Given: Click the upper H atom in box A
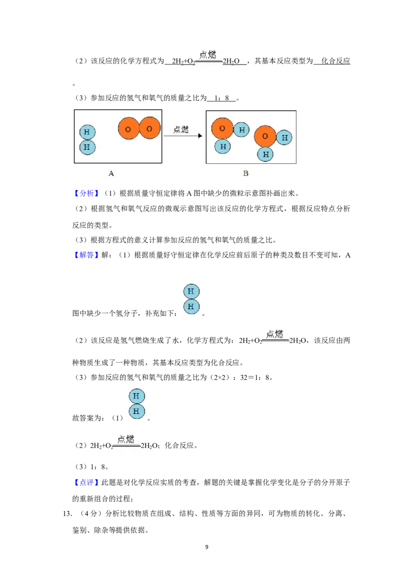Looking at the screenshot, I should coord(87,132).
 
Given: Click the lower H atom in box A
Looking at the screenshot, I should coord(87,147).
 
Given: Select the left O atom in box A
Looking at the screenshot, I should coord(129,129).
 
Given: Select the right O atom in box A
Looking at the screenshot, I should coord(149,128).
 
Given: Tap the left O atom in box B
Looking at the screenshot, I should coord(223,128).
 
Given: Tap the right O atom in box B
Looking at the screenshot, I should coord(265,136).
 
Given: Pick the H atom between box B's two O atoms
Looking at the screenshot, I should coord(241,129).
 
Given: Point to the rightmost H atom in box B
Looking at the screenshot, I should coord(284,137).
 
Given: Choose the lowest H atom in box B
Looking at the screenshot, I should coord(265,153).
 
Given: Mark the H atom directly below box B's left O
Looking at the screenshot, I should coord(223,146).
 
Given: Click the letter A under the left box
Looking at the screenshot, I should coord(111,174).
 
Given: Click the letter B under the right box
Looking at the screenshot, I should coord(246,174).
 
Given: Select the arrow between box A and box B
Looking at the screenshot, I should coord(183,136).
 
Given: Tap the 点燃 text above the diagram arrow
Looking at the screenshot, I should coord(181,129).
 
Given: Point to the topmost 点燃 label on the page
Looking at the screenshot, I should coord(208,55).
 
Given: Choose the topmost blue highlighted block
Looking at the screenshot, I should coord(86,193).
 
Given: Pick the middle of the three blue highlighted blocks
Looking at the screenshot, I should coord(86,255).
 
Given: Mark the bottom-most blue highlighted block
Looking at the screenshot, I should coord(86,482).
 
